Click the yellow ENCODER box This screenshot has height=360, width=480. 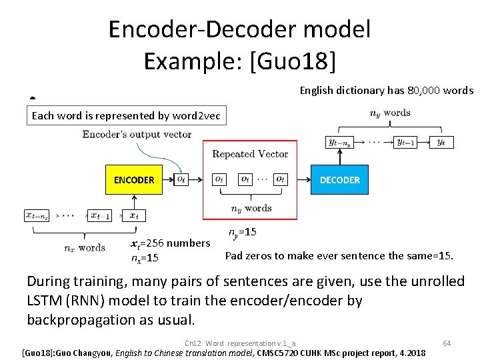tap(133, 180)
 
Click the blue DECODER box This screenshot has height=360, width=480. tap(340, 180)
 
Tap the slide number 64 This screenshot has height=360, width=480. tap(447, 343)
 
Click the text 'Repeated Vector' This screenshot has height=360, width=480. tap(250, 154)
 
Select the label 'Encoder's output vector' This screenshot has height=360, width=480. tap(137, 134)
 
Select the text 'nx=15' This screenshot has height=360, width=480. tap(145, 258)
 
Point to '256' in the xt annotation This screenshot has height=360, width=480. tap(159, 243)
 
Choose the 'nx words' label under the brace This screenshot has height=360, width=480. tap(85, 247)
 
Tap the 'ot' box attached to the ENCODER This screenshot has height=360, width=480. tap(181, 179)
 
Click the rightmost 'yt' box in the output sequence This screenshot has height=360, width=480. tap(441, 141)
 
